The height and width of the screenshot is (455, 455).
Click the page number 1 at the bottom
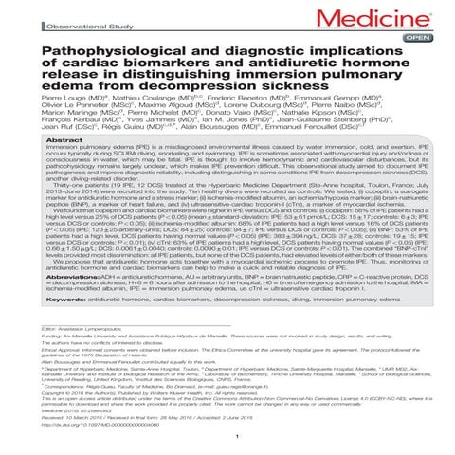[x=227, y=451]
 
